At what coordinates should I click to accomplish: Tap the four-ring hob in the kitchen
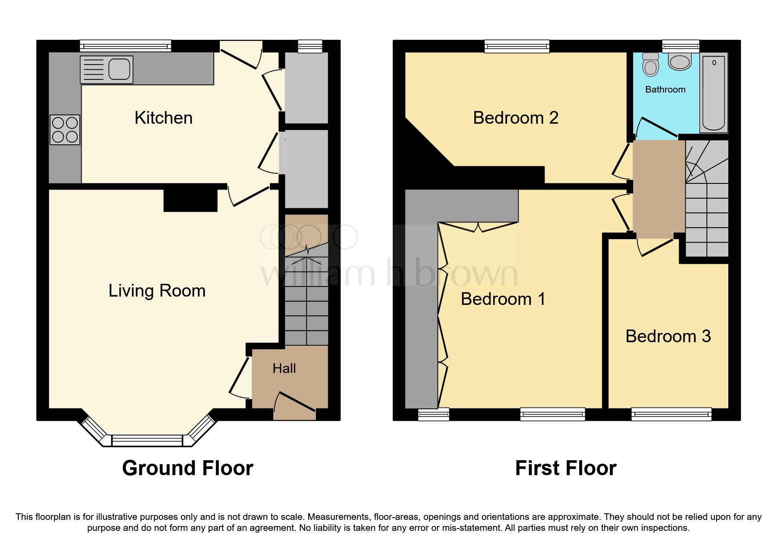(65, 130)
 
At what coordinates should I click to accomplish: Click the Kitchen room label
(163, 118)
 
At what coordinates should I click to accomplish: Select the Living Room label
(157, 291)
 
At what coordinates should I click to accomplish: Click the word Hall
(284, 369)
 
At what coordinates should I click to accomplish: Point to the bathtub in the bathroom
(713, 92)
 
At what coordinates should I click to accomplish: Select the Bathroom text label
(665, 89)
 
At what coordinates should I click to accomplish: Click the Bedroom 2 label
(516, 118)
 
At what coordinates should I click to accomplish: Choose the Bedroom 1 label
(503, 299)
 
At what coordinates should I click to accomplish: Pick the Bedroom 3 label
(668, 336)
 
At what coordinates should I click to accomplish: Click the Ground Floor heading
(187, 468)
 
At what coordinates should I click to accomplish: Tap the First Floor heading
(566, 468)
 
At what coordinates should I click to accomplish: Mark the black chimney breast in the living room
(190, 200)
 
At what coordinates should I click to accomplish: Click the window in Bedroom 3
(671, 414)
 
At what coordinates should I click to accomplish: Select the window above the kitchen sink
(125, 46)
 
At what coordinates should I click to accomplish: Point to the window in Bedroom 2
(517, 46)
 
